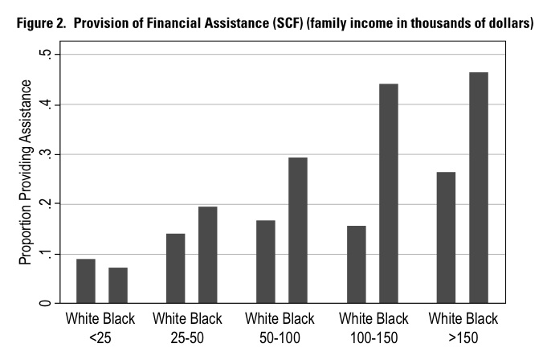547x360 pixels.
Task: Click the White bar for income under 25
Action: [x=85, y=281]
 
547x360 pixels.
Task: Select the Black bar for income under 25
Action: [x=118, y=285]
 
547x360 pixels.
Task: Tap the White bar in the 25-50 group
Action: [x=175, y=268]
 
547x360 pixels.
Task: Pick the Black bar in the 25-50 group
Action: [x=208, y=255]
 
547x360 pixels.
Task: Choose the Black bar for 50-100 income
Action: [x=298, y=231]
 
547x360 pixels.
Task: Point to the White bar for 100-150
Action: [x=356, y=264]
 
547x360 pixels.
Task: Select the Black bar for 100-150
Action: [x=389, y=194]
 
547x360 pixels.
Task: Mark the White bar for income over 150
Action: [x=446, y=238]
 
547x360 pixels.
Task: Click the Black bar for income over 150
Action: [x=479, y=188]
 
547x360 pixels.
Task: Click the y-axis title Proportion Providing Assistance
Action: [x=26, y=173]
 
